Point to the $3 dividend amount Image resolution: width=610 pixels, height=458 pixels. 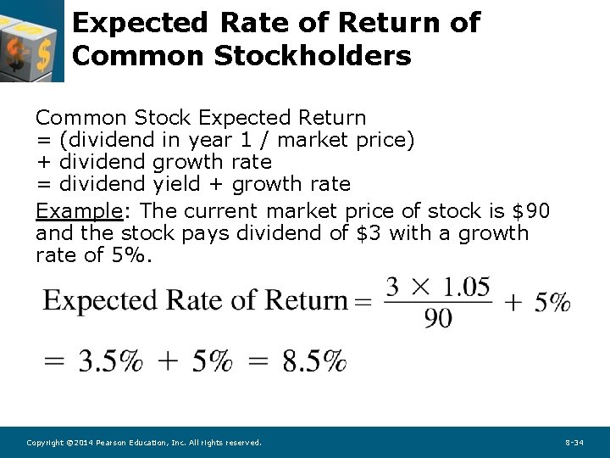click(367, 232)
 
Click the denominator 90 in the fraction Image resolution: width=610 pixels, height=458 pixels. click(438, 318)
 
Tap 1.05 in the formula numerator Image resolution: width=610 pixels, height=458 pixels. click(463, 287)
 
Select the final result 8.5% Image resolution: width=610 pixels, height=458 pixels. click(314, 362)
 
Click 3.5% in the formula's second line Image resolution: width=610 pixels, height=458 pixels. click(110, 362)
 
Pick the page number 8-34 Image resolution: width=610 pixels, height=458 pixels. click(574, 443)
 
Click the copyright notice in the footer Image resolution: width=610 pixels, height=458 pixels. click(144, 443)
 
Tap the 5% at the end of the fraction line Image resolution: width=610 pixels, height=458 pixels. click(552, 302)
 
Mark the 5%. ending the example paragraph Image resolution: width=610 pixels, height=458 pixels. click(131, 254)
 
